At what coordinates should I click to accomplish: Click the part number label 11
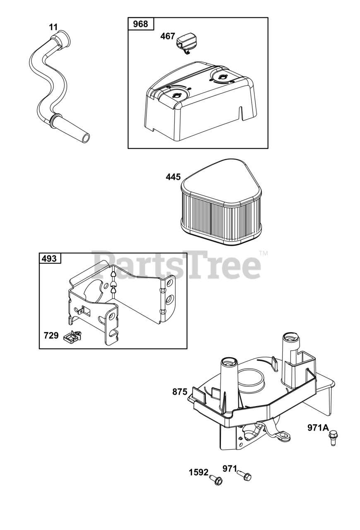click(x=53, y=27)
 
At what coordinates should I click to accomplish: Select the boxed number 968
click(x=140, y=24)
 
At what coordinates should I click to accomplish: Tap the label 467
click(x=168, y=36)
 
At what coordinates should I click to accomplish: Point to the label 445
click(x=173, y=177)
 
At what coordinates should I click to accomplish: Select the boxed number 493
click(x=50, y=259)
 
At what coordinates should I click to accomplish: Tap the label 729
click(x=51, y=335)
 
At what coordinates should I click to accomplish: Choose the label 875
click(x=180, y=392)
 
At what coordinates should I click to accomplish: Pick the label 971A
click(x=318, y=428)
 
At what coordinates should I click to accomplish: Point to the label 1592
click(x=199, y=472)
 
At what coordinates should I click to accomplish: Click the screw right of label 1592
click(x=216, y=480)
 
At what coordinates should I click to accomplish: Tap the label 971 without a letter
click(x=230, y=469)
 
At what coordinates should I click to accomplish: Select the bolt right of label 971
click(x=245, y=476)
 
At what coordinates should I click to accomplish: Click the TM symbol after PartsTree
click(x=263, y=253)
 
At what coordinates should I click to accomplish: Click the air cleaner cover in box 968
click(x=199, y=104)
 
